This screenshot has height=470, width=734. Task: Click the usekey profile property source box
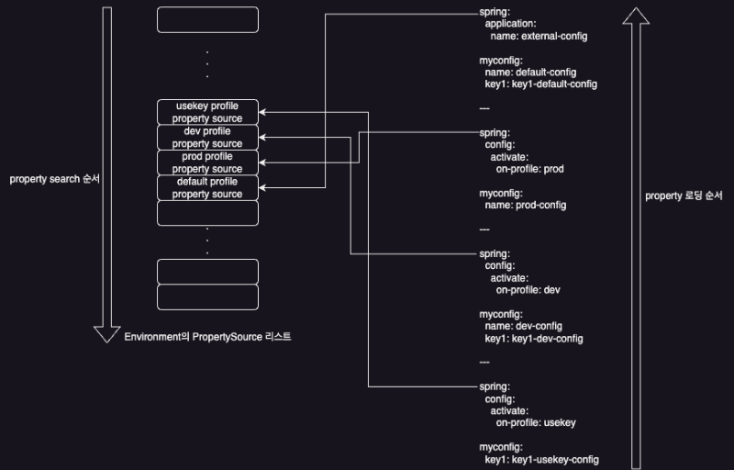pyautogui.click(x=207, y=112)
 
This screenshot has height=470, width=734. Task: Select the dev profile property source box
pyautogui.click(x=207, y=138)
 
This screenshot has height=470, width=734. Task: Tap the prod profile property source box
pyautogui.click(x=207, y=162)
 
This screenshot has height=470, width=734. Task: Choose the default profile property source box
pyautogui.click(x=207, y=187)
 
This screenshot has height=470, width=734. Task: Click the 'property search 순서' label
pyautogui.click(x=54, y=179)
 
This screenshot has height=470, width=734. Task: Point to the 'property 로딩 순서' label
pyautogui.click(x=684, y=196)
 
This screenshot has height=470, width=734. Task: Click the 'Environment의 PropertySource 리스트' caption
pyautogui.click(x=207, y=337)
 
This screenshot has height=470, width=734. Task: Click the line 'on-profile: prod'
pyautogui.click(x=529, y=169)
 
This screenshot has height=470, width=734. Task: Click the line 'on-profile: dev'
pyautogui.click(x=528, y=289)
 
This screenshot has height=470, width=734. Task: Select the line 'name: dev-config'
pyautogui.click(x=523, y=326)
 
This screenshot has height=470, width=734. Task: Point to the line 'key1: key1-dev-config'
pyautogui.click(x=534, y=338)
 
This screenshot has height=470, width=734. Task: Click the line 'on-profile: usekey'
pyautogui.click(x=535, y=422)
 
